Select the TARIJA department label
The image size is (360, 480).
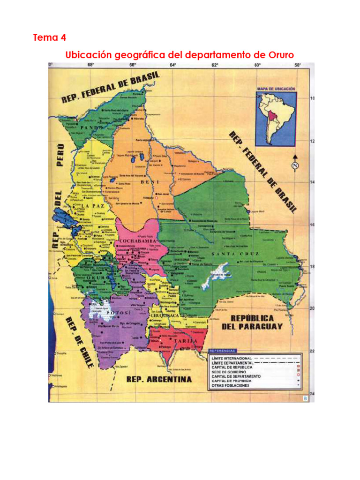click(185, 341)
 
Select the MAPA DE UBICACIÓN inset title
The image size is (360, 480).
click(276, 89)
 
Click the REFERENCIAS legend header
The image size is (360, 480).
click(224, 351)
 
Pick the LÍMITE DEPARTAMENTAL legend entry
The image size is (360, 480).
click(232, 362)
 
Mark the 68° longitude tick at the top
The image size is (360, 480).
click(90, 66)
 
